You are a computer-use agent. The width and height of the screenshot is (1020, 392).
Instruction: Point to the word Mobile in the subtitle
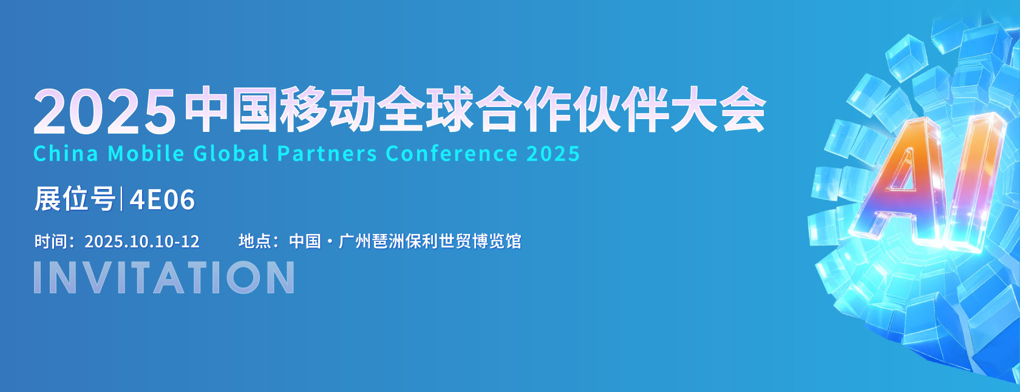[x=146, y=154]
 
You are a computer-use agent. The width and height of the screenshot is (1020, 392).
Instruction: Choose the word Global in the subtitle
[x=231, y=154]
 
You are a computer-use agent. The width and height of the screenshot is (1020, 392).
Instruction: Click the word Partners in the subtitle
[x=327, y=154]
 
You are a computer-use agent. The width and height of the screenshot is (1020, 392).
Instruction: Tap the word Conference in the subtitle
[x=451, y=154]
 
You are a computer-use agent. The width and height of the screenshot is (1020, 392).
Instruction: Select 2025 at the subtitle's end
[x=553, y=154]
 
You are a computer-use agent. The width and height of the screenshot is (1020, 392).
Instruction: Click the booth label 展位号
[x=75, y=199]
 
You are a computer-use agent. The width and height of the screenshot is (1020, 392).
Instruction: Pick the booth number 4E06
[x=162, y=199]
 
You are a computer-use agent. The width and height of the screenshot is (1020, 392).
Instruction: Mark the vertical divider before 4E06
[x=121, y=199]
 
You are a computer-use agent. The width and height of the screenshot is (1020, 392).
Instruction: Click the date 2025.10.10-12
[x=142, y=241]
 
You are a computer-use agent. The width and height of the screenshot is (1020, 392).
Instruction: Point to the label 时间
[x=51, y=241]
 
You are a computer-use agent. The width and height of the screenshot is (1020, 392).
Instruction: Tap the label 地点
[x=255, y=241]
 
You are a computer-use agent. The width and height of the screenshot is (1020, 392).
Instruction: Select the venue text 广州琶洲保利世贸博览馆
[x=430, y=241]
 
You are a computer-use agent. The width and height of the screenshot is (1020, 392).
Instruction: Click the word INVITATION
[x=164, y=277]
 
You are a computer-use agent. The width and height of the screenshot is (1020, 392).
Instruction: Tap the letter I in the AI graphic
[x=974, y=182]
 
